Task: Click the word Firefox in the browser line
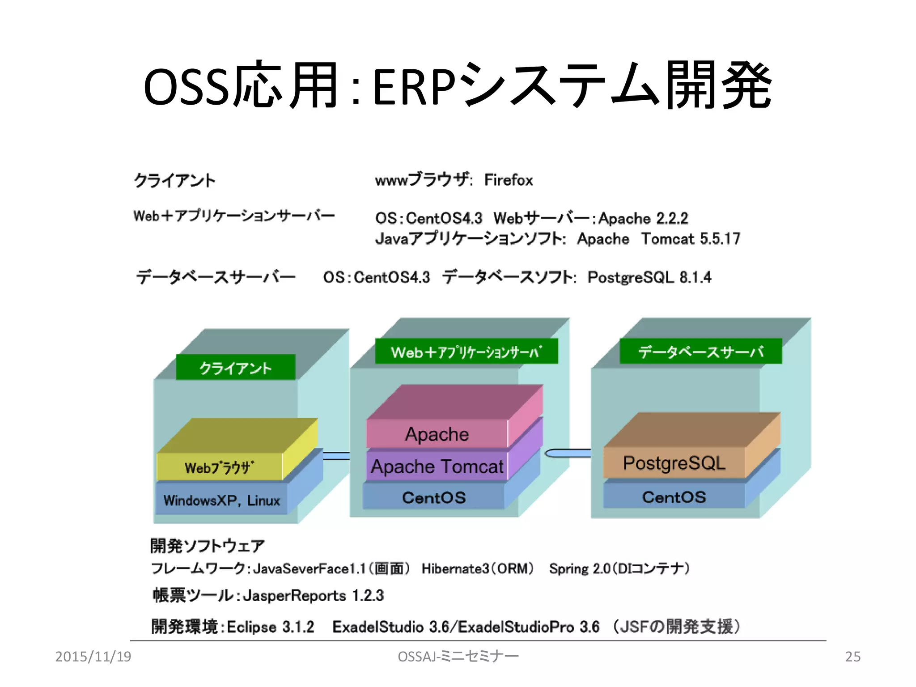[508, 180]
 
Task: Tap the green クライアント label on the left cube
[235, 368]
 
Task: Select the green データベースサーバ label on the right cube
[700, 352]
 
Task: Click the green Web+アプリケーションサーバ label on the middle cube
[466, 352]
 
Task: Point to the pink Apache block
[437, 434]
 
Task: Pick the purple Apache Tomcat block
[437, 466]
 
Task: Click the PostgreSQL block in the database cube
[674, 463]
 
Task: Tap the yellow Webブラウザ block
[219, 467]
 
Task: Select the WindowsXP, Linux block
[222, 500]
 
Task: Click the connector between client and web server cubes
[336, 456]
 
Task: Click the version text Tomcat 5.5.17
[691, 239]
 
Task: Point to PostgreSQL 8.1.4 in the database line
[649, 277]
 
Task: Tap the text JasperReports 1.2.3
[313, 596]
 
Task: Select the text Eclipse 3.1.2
[270, 627]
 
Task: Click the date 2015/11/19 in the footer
[93, 657]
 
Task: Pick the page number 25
[852, 657]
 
